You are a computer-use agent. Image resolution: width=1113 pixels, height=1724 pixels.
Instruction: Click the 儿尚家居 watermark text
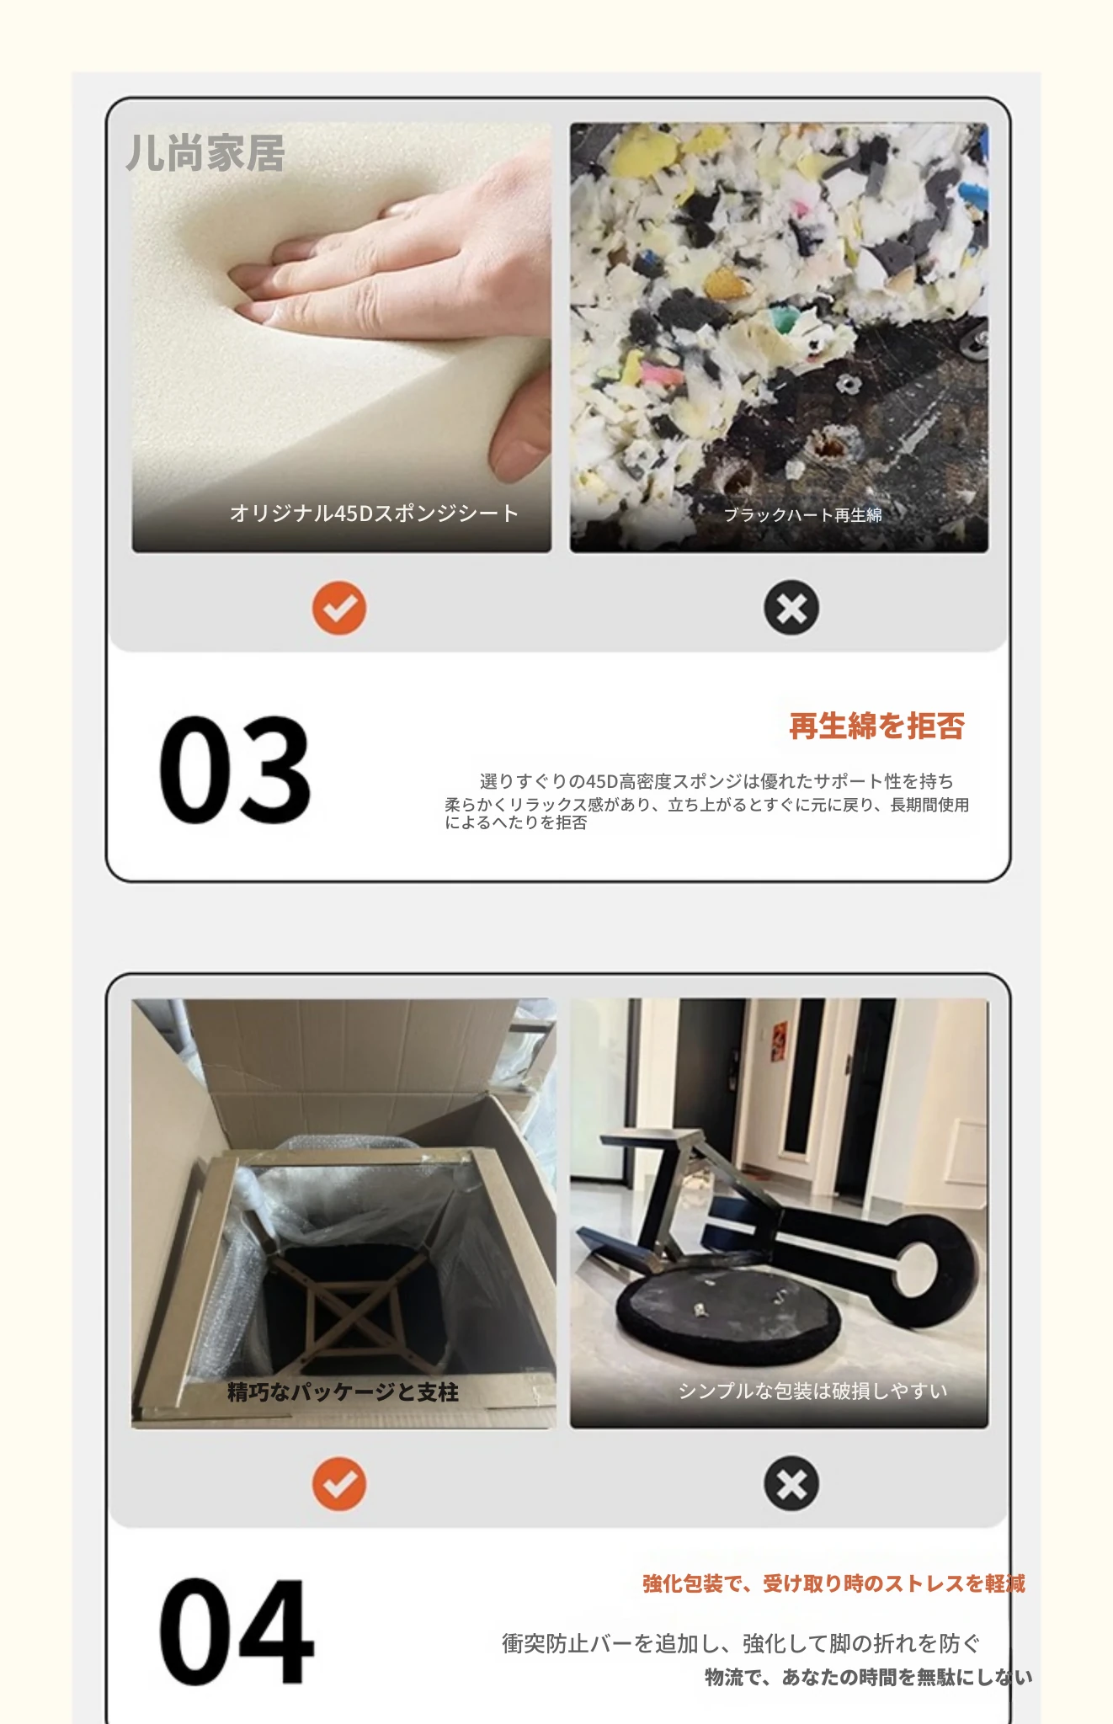tap(205, 153)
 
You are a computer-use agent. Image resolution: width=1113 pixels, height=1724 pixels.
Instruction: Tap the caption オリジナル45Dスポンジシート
tap(374, 513)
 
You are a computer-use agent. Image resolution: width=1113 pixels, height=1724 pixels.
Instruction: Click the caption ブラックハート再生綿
tap(803, 514)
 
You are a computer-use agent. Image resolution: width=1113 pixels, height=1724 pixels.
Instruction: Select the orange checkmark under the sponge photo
tap(339, 608)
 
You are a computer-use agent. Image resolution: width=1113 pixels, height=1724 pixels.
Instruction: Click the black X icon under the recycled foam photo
tap(791, 608)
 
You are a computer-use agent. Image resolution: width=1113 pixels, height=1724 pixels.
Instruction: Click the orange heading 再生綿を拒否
tap(876, 726)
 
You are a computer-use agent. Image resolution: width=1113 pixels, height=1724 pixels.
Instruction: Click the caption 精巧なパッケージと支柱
tap(343, 1392)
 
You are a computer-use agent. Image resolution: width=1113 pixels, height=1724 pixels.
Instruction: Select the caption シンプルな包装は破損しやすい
tap(813, 1391)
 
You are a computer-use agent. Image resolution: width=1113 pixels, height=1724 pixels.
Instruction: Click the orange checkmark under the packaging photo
tap(339, 1484)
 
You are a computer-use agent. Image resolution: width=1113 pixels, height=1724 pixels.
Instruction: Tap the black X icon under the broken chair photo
tap(791, 1484)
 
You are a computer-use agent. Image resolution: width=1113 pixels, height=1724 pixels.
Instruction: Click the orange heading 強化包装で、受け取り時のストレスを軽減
tap(833, 1583)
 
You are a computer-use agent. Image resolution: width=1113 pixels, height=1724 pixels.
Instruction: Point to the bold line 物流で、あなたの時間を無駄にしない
tap(869, 1677)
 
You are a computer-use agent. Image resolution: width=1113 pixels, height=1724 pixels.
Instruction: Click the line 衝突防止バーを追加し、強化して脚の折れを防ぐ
tap(742, 1642)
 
